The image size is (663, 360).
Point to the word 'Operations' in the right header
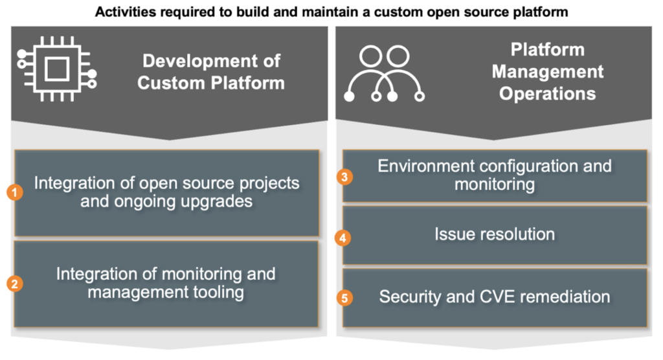click(547, 93)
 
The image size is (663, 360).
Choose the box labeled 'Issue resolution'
click(494, 234)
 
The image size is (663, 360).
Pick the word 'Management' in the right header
click(547, 71)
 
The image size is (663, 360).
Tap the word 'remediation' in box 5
click(561, 297)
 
